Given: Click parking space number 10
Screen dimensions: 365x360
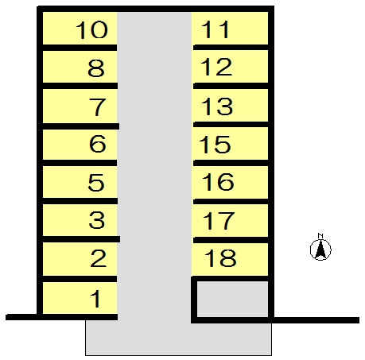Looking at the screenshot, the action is tap(80, 29).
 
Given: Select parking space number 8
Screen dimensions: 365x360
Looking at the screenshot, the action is tap(80, 67).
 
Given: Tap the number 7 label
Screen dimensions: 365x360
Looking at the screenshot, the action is tap(98, 106).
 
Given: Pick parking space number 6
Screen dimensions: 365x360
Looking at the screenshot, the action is tap(80, 145).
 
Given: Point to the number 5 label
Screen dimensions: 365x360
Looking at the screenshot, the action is tap(96, 183).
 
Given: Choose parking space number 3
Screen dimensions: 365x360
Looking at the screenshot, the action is tap(80, 220).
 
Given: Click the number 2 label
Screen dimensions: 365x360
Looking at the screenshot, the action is tap(99, 258).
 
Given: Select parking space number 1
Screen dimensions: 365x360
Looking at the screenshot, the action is tap(80, 298).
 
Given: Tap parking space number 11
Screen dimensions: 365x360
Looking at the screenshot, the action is tap(230, 29).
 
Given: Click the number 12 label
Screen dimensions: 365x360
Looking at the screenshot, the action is tap(216, 67).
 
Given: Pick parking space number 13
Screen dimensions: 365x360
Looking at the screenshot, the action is tap(230, 106).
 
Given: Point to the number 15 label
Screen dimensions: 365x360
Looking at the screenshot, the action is tap(215, 145).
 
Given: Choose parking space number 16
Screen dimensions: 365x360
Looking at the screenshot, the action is tap(230, 182).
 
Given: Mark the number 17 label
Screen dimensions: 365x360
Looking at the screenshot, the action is tap(219, 220).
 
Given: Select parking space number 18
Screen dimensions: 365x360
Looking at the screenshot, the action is tap(230, 259).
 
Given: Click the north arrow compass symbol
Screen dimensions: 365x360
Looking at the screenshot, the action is tap(320, 250).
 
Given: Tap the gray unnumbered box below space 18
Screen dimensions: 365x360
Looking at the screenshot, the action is tap(232, 299).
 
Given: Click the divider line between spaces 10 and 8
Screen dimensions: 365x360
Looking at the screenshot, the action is tap(80, 48).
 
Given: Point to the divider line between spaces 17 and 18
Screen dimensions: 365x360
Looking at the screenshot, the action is tap(231, 240).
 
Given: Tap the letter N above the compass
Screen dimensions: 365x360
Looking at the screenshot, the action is tap(320, 235).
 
